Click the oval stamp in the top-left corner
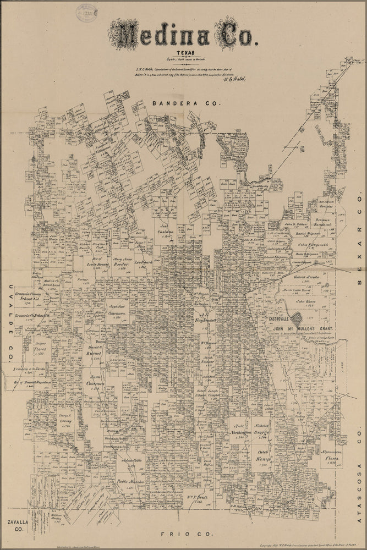pyautogui.click(x=86, y=12)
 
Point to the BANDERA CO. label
pyautogui.click(x=185, y=103)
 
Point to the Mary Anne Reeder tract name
pyautogui.click(x=121, y=262)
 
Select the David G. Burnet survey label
pyautogui.click(x=97, y=351)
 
